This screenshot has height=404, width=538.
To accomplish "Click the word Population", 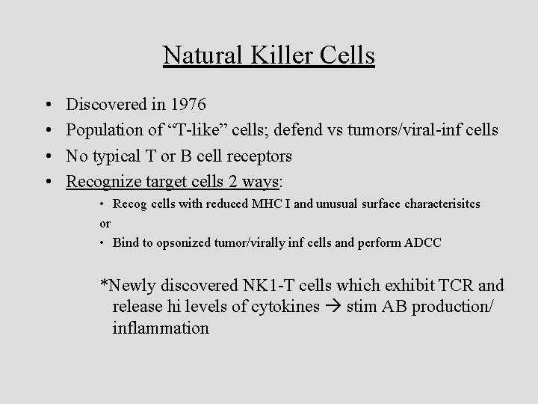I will click(104, 131).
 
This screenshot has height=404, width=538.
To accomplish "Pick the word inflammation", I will click(161, 328).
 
